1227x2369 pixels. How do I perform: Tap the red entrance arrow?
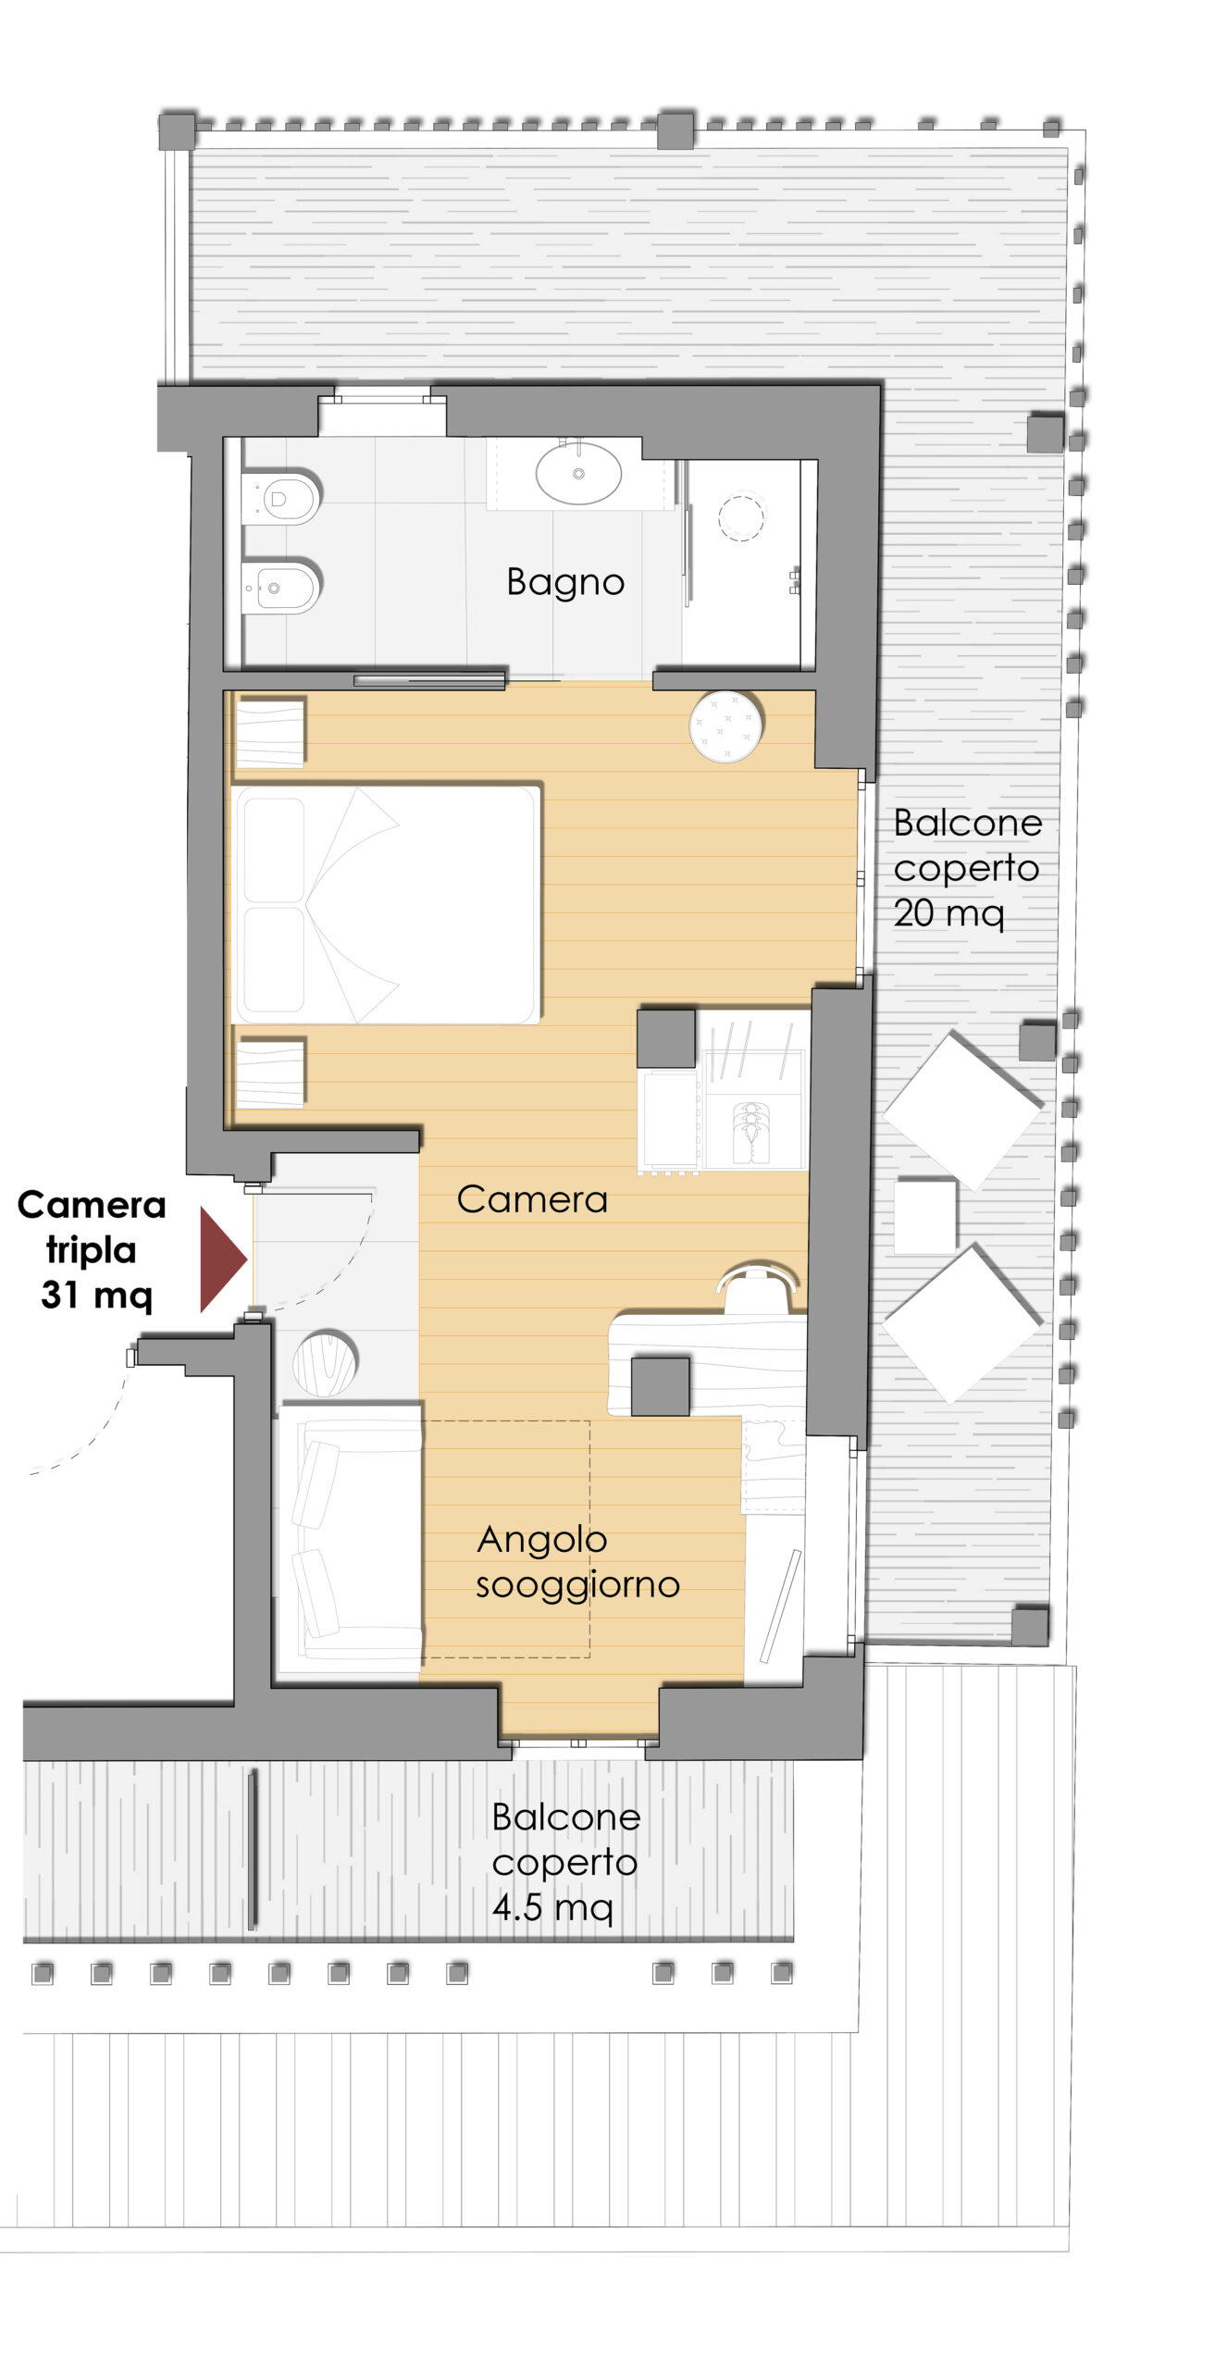222,1259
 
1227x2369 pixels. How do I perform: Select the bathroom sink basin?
578,473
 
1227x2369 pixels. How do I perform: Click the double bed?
387,904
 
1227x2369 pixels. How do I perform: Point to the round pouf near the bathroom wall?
726,726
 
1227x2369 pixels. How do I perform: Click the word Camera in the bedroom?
532,1199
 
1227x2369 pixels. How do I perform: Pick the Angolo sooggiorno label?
577,1562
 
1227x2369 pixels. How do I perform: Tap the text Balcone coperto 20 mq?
967,868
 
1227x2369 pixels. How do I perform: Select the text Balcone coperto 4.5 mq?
565,1862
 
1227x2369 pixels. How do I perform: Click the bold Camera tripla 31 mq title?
92,1250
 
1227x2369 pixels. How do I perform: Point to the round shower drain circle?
741,517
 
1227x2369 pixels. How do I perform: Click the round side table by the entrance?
325,1362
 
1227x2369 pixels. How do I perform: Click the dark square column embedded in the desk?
660,1385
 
